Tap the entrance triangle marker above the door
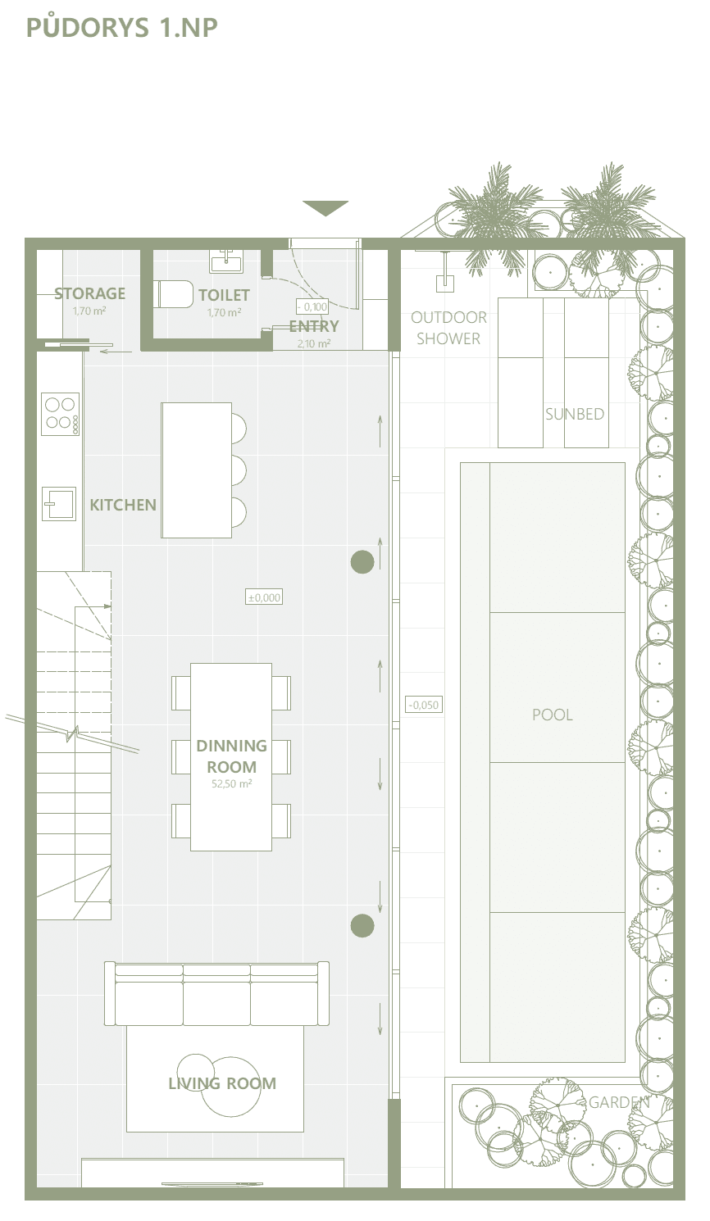click(x=325, y=207)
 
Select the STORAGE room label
click(x=90, y=293)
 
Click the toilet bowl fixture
click(x=175, y=294)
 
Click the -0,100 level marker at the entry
click(x=312, y=306)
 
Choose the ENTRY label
click(x=314, y=326)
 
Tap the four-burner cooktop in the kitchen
click(x=61, y=414)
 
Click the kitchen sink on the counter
click(x=59, y=504)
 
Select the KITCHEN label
click(x=123, y=505)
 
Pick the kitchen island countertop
click(x=196, y=470)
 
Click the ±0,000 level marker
click(x=264, y=597)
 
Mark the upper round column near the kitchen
click(x=362, y=561)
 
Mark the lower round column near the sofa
click(x=362, y=925)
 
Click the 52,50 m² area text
click(x=232, y=784)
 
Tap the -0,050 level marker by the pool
click(x=424, y=705)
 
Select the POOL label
click(x=553, y=715)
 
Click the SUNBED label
click(x=575, y=415)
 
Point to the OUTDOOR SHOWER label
click(x=448, y=328)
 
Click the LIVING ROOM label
click(x=222, y=1083)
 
